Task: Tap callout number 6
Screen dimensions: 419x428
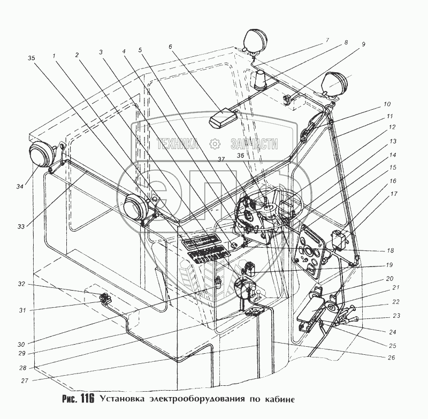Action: point(170,47)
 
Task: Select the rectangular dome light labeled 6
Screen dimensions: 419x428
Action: point(223,119)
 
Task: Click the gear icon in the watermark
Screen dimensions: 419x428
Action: point(215,143)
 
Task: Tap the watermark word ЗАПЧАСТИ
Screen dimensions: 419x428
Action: point(255,143)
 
